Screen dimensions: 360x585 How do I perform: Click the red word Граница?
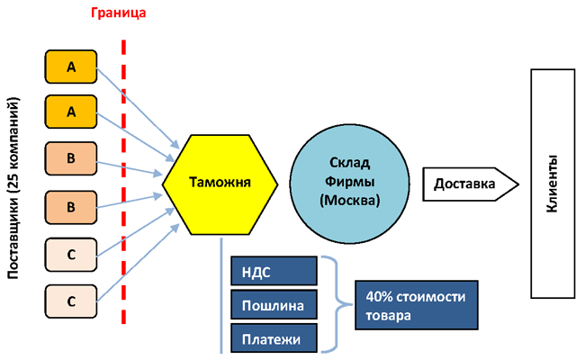pos(118,13)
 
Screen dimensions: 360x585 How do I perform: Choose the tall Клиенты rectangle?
pos(553,183)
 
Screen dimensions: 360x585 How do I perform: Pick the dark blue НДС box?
pos(274,271)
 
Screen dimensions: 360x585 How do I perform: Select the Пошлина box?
pos(274,305)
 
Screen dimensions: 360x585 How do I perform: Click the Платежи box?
pos(274,338)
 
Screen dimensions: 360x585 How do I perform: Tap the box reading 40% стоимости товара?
pos(414,304)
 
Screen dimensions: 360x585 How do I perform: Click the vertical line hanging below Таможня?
pos(221,297)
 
